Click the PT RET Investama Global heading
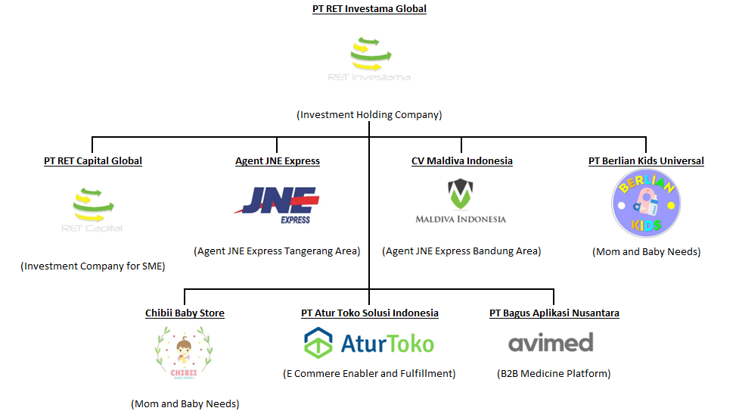369,9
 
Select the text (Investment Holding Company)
369,115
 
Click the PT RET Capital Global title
93,160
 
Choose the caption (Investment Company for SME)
92,266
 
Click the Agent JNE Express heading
277,160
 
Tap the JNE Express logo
277,204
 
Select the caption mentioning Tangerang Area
277,251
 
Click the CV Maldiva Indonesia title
461,160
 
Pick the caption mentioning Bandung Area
461,251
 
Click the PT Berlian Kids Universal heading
646,160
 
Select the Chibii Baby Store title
185,313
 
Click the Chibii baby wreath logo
184,353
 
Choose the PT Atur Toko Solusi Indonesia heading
369,313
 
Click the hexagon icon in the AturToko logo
318,343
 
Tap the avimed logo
551,343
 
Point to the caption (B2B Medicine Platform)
554,373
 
